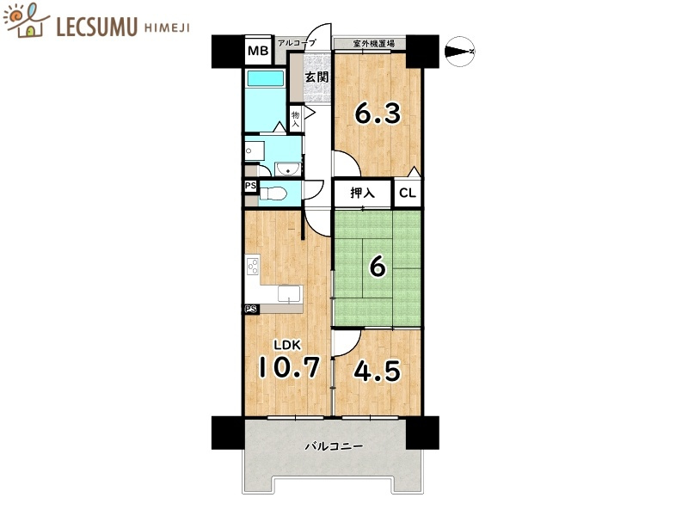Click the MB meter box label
(x=258, y=51)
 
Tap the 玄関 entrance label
(x=316, y=77)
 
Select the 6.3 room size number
(x=378, y=113)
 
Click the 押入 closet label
(x=362, y=193)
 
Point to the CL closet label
(x=407, y=193)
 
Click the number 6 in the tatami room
(x=378, y=267)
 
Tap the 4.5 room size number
(x=377, y=371)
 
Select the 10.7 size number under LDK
(x=289, y=367)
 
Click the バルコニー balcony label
(x=335, y=446)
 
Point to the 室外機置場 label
(x=374, y=44)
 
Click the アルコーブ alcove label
(x=297, y=43)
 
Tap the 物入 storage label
(x=296, y=119)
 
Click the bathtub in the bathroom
(x=266, y=78)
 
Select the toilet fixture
(x=273, y=193)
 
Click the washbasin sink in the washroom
(x=288, y=169)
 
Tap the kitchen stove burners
(x=253, y=267)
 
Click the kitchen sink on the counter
(x=290, y=294)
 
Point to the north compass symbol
(x=459, y=52)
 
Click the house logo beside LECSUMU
(x=28, y=21)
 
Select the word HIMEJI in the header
(x=167, y=28)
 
